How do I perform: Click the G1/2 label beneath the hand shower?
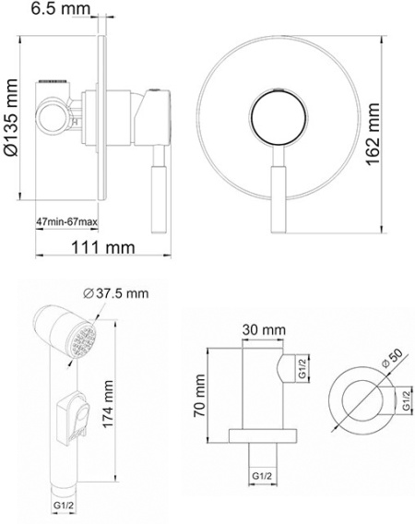pos(62,505)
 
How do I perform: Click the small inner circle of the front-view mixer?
pos(278,118)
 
